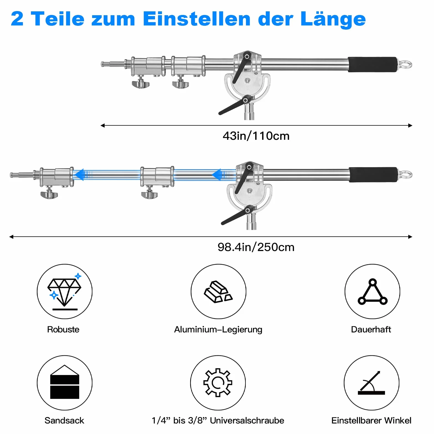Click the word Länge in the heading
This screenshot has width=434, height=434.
click(333, 19)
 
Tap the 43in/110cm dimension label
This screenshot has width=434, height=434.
click(256, 136)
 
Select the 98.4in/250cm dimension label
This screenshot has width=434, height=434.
click(256, 247)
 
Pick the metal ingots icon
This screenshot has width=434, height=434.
click(218, 292)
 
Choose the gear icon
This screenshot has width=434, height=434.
click(218, 383)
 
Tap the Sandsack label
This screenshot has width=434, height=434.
click(64, 420)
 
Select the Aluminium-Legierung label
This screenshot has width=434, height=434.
click(218, 329)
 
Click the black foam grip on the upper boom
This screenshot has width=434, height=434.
click(373, 64)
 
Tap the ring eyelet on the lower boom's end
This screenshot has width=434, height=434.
click(406, 175)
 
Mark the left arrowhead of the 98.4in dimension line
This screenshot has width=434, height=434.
click(11, 237)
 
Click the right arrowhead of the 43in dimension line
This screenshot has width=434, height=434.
click(410, 125)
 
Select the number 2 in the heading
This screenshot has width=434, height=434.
click(17, 19)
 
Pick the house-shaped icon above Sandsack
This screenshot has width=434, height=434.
click(64, 382)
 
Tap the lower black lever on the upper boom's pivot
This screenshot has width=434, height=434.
click(235, 105)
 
